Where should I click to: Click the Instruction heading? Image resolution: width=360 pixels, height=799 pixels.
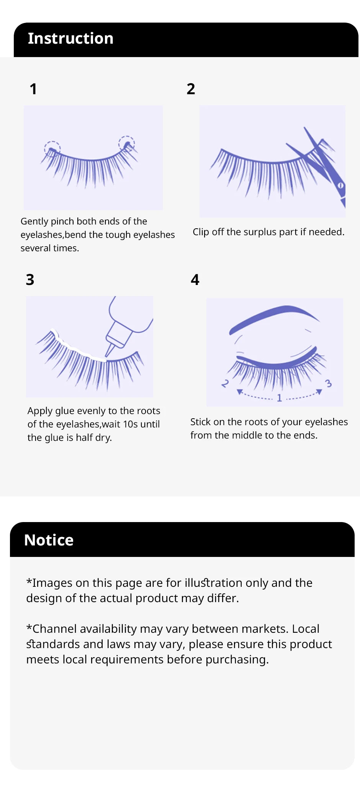click(70, 39)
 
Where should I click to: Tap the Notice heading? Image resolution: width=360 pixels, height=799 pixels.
click(49, 540)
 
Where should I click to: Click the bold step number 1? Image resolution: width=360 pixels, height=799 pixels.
click(33, 89)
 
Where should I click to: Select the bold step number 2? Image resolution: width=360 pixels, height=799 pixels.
click(191, 89)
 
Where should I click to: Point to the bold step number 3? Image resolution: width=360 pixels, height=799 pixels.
click(30, 280)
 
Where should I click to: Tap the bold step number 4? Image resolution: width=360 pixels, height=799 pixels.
click(195, 280)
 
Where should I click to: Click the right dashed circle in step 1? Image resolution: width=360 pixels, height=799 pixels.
click(126, 144)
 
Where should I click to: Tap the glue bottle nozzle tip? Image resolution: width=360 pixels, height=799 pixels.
click(108, 354)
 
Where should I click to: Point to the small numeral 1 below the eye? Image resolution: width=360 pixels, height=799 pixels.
click(279, 398)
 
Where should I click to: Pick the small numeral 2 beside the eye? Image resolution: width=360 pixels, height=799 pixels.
click(225, 383)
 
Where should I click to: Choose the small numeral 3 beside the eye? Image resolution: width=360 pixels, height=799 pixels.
click(328, 383)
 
